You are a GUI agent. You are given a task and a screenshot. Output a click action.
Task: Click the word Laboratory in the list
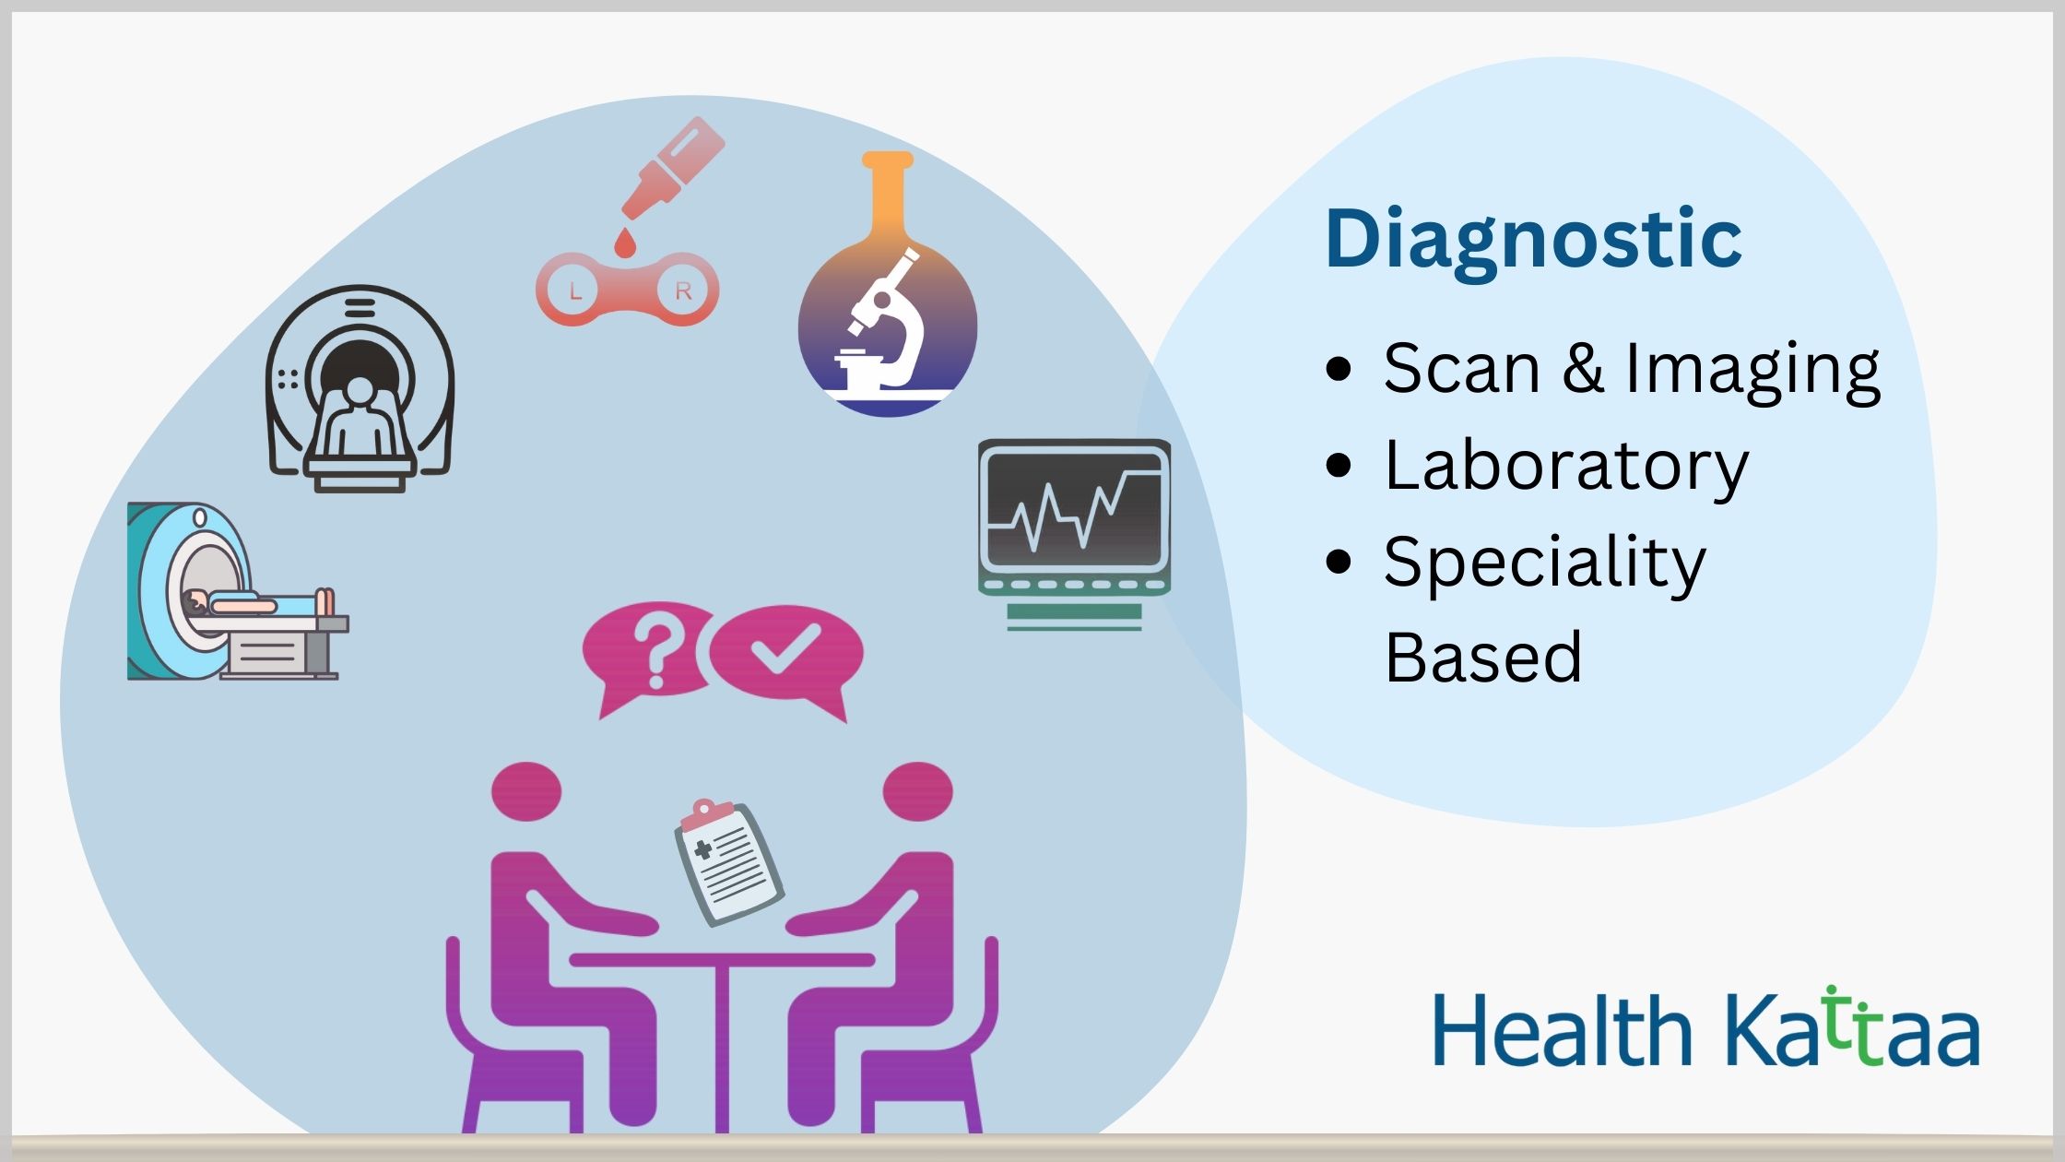point(1566,467)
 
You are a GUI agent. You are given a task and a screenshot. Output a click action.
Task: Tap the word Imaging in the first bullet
point(1752,370)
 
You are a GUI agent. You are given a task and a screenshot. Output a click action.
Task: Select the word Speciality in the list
point(1545,563)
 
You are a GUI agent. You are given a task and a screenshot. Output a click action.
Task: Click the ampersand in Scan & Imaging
point(1583,367)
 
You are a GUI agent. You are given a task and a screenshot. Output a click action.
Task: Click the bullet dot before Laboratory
point(1338,465)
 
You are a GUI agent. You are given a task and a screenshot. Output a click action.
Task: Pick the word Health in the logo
point(1563,1029)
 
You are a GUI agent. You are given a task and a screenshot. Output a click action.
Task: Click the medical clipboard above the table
point(728,861)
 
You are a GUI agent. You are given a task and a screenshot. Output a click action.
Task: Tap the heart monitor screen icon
point(1074,534)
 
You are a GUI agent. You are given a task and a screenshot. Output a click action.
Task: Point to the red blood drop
point(626,243)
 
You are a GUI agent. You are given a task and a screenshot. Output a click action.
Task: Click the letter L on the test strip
point(575,292)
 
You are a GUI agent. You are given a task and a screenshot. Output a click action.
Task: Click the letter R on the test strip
point(683,291)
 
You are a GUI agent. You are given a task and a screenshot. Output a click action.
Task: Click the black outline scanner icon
point(360,387)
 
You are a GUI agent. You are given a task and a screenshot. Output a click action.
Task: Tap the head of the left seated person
point(526,791)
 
